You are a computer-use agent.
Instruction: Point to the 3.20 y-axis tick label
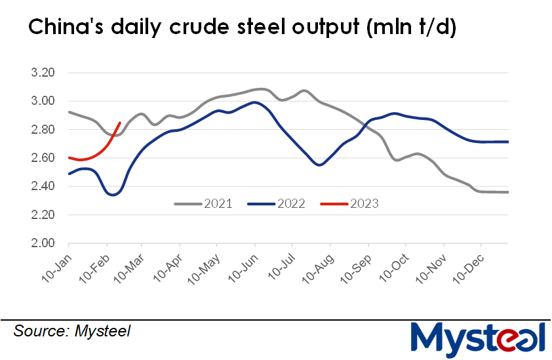(x=45, y=73)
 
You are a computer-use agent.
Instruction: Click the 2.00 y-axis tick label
(x=45, y=243)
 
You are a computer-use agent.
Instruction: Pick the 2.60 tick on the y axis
(x=45, y=158)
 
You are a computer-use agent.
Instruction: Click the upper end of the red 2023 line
(x=119, y=123)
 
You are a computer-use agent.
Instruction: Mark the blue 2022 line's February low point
(x=112, y=195)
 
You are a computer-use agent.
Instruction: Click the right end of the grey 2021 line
(x=508, y=192)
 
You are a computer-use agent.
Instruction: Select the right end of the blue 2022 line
(x=508, y=142)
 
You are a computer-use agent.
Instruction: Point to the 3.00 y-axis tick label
(x=45, y=101)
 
